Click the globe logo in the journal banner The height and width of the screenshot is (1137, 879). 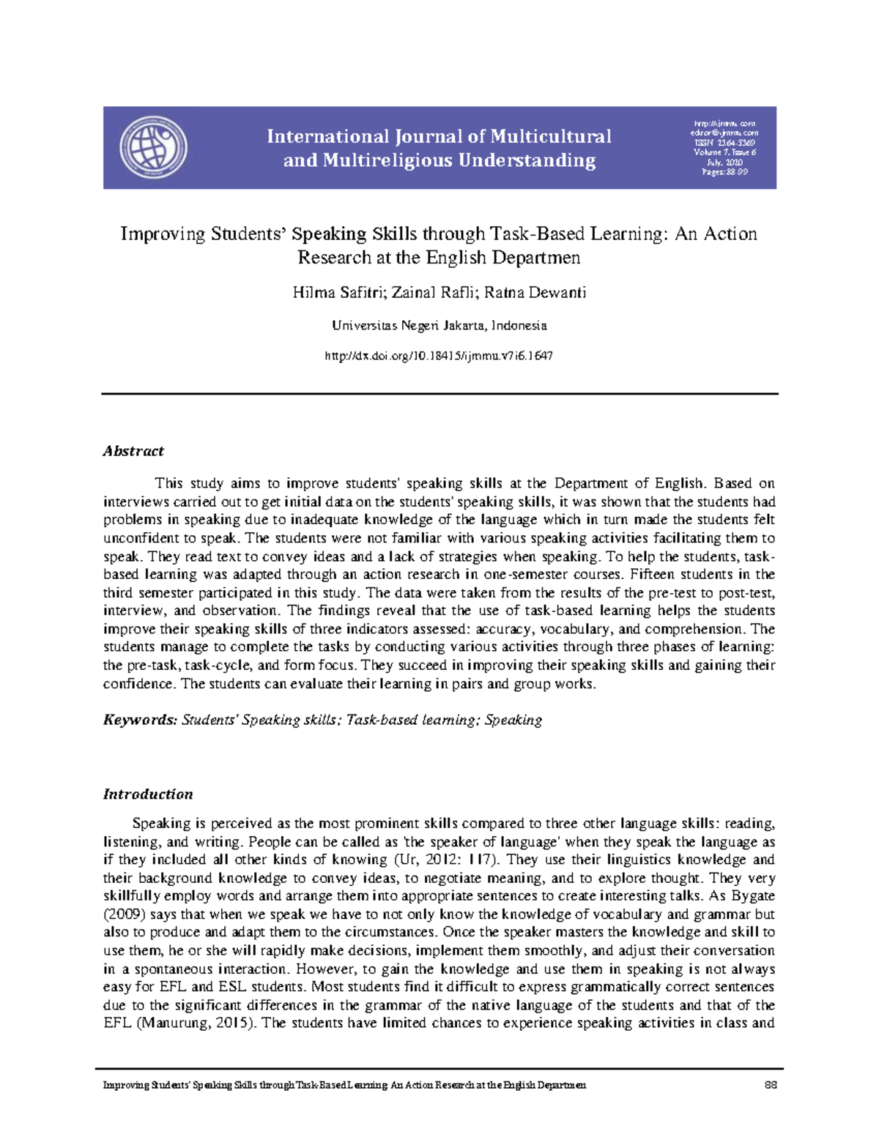[x=153, y=147]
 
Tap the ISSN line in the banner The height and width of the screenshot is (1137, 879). [x=724, y=143]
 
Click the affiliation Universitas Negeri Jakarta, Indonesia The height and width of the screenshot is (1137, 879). [x=439, y=325]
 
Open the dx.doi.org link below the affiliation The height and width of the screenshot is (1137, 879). [x=438, y=356]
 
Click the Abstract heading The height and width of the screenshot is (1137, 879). [x=133, y=451]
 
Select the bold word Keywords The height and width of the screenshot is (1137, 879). [x=140, y=720]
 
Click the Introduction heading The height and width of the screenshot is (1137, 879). [x=148, y=794]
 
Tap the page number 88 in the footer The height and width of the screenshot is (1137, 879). [x=770, y=1085]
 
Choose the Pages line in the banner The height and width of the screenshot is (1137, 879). [x=724, y=172]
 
